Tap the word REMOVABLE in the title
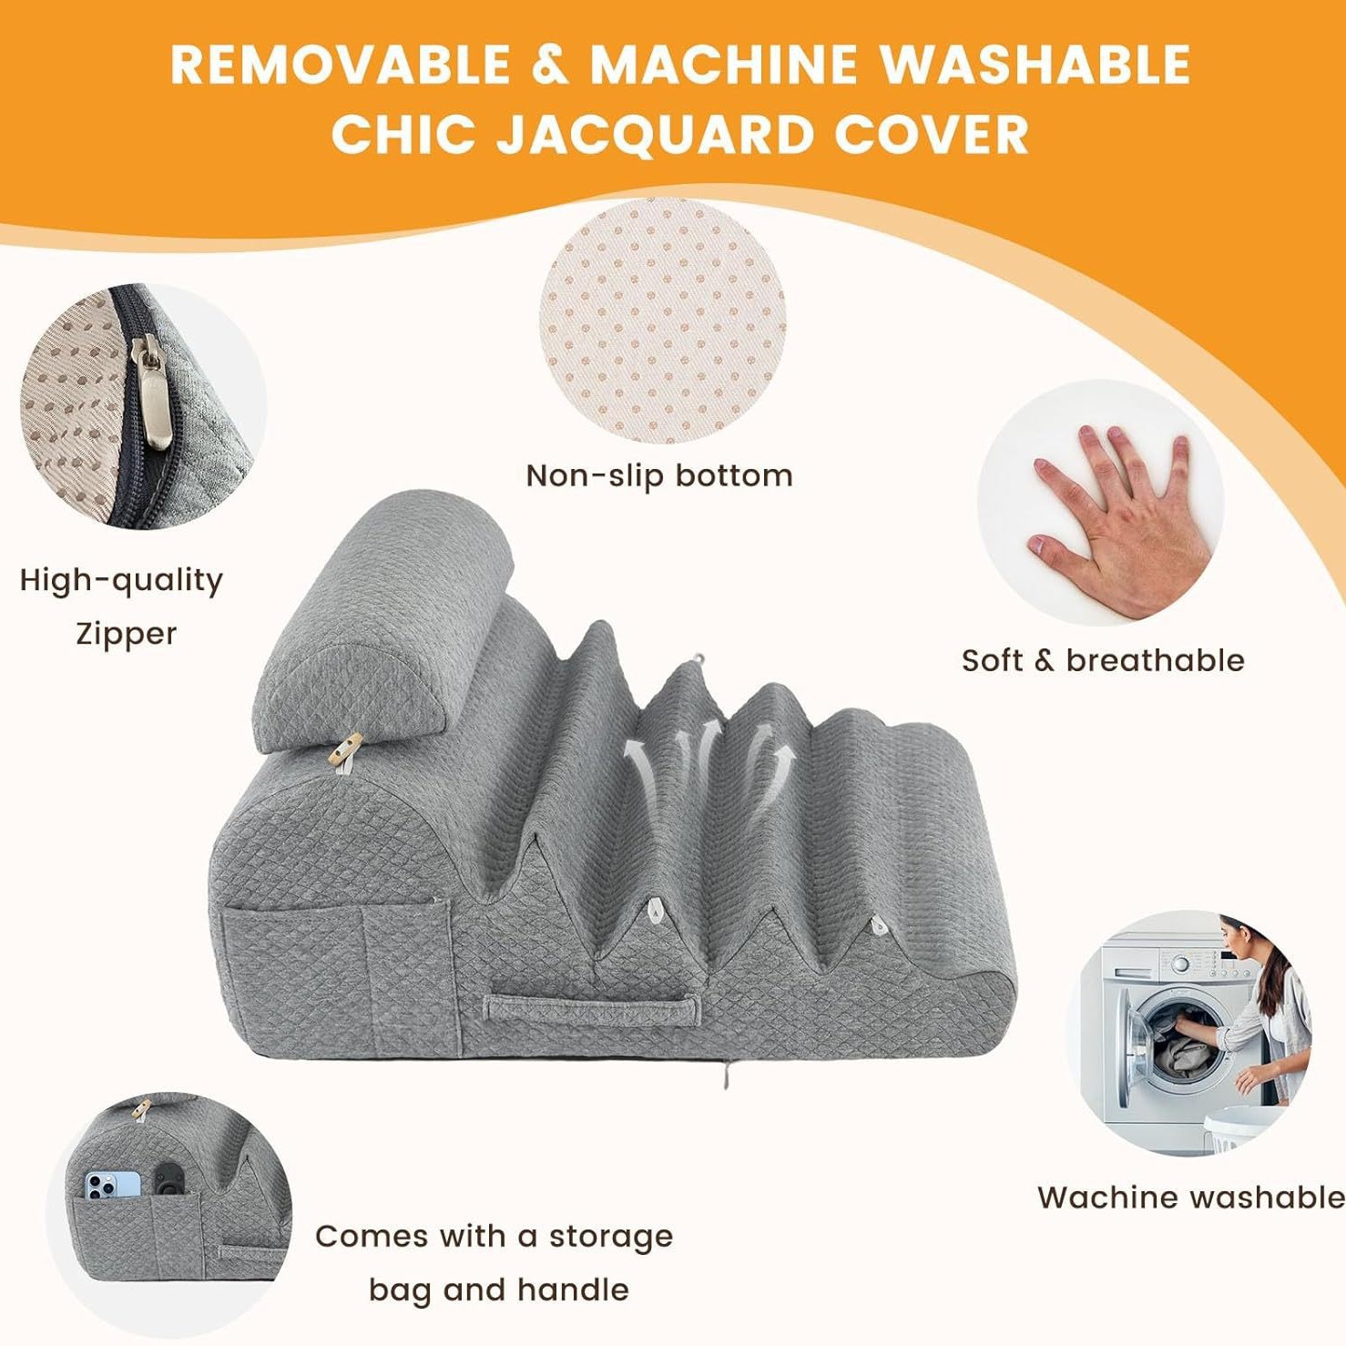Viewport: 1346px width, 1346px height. [341, 65]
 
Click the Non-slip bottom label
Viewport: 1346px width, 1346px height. [659, 475]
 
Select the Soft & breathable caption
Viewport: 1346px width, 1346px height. [1103, 660]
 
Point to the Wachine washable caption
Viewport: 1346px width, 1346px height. [1190, 1197]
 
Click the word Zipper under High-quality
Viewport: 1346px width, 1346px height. [126, 633]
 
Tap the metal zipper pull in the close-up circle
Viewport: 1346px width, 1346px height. [152, 392]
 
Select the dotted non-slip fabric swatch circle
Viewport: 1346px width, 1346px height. [662, 321]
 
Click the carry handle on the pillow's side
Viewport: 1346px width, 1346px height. [592, 1007]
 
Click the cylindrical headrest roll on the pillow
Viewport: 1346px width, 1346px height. [382, 628]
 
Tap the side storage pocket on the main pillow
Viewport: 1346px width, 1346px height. [337, 974]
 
